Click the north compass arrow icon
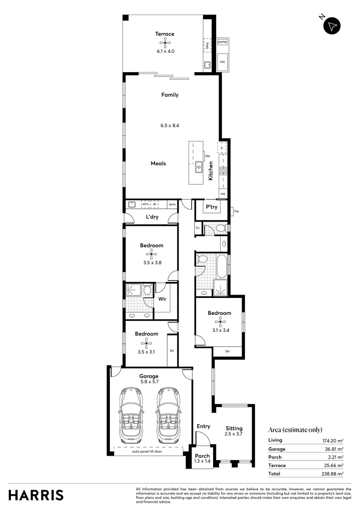(x=332, y=26)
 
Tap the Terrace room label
(x=165, y=34)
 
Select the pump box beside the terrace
(x=222, y=42)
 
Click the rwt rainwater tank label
(x=222, y=62)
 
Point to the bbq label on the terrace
(x=207, y=45)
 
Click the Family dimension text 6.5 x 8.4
(x=170, y=125)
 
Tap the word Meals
(x=158, y=164)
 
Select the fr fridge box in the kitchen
(x=221, y=148)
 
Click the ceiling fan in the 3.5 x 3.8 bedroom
(x=151, y=254)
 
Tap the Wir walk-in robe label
(x=162, y=299)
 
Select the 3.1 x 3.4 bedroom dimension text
(x=220, y=330)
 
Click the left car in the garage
(x=131, y=414)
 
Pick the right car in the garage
(x=168, y=414)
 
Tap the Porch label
(x=202, y=456)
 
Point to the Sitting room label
(x=234, y=428)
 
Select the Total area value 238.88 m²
(x=329, y=474)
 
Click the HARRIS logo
(x=36, y=495)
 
